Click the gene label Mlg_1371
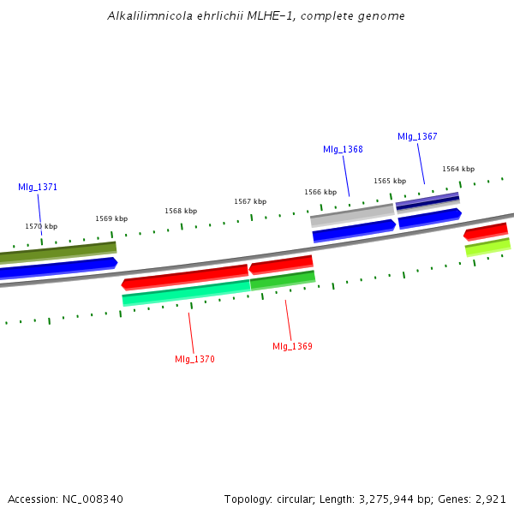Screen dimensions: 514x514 click(38, 187)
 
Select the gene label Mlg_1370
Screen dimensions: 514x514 click(194, 358)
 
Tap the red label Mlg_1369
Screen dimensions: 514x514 click(292, 346)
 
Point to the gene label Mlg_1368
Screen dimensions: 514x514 click(343, 149)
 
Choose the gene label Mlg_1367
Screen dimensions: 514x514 click(417, 137)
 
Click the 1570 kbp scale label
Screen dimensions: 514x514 click(41, 226)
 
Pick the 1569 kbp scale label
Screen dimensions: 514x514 click(111, 218)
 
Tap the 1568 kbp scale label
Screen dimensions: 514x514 click(181, 211)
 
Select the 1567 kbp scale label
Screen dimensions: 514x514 click(250, 201)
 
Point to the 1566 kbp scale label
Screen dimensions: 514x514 click(320, 192)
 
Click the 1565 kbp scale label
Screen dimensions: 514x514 click(390, 181)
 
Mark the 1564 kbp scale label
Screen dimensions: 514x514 click(458, 169)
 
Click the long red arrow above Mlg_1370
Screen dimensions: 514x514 click(185, 277)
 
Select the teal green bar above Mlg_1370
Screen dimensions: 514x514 click(186, 292)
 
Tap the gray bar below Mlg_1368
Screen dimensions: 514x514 click(352, 214)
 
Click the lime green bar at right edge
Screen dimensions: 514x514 click(487, 247)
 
